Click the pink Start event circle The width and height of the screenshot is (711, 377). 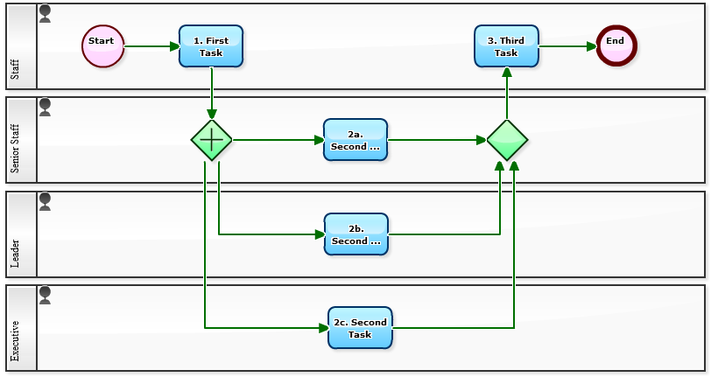tap(103, 45)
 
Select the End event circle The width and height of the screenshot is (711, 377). tap(616, 45)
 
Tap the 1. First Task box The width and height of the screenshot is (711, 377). tap(211, 46)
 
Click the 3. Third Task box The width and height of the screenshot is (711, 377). tap(506, 46)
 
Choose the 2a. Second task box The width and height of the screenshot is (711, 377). tap(355, 140)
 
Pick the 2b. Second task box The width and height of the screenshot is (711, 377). tap(355, 234)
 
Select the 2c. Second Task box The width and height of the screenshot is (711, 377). tap(360, 328)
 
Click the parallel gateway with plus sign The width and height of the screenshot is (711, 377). tap(212, 140)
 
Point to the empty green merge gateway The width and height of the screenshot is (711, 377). tap(507, 140)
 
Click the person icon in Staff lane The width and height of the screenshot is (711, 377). tap(46, 13)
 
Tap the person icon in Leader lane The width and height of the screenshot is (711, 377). tap(46, 202)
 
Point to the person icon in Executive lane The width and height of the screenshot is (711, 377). tap(46, 296)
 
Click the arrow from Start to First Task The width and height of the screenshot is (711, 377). tap(151, 46)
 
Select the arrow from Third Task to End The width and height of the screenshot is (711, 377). tap(567, 46)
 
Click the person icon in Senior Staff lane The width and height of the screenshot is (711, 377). tap(46, 108)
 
